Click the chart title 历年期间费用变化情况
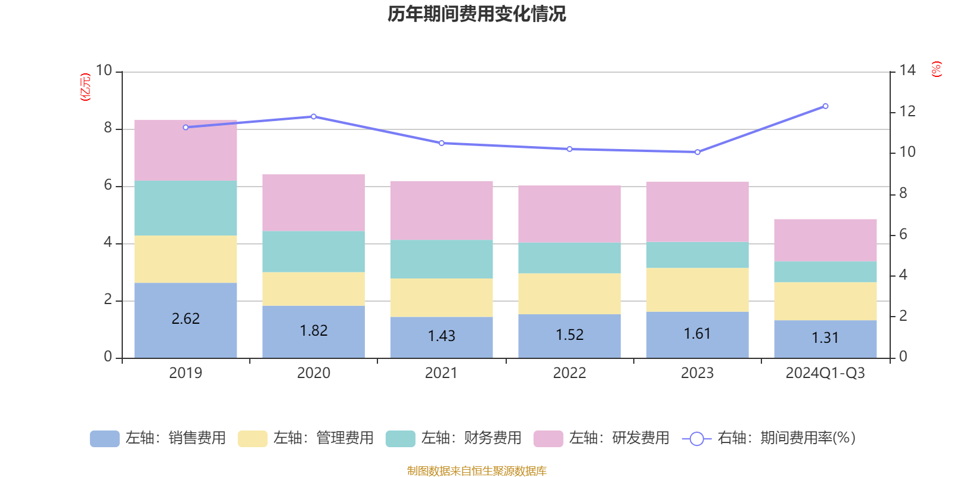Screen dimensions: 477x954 click(476, 14)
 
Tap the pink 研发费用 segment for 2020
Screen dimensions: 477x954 click(314, 203)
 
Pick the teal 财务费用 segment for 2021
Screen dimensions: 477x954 click(441, 259)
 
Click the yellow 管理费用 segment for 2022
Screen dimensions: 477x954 click(569, 294)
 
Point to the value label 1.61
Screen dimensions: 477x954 click(697, 333)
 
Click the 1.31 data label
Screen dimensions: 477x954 click(825, 337)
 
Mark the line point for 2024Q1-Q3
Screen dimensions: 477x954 click(825, 106)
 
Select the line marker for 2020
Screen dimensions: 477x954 click(314, 116)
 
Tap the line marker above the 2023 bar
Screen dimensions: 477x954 click(698, 152)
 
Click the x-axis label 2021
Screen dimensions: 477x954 click(441, 373)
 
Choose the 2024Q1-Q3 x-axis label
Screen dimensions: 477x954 click(825, 373)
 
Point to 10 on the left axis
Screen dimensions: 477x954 click(104, 70)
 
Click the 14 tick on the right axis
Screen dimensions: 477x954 click(907, 70)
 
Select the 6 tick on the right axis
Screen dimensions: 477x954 click(903, 234)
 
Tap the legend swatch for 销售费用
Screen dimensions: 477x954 click(104, 439)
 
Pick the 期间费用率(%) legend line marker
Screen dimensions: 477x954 click(696, 439)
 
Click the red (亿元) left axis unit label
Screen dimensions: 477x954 click(85, 87)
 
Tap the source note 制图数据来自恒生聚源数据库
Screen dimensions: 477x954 click(476, 471)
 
